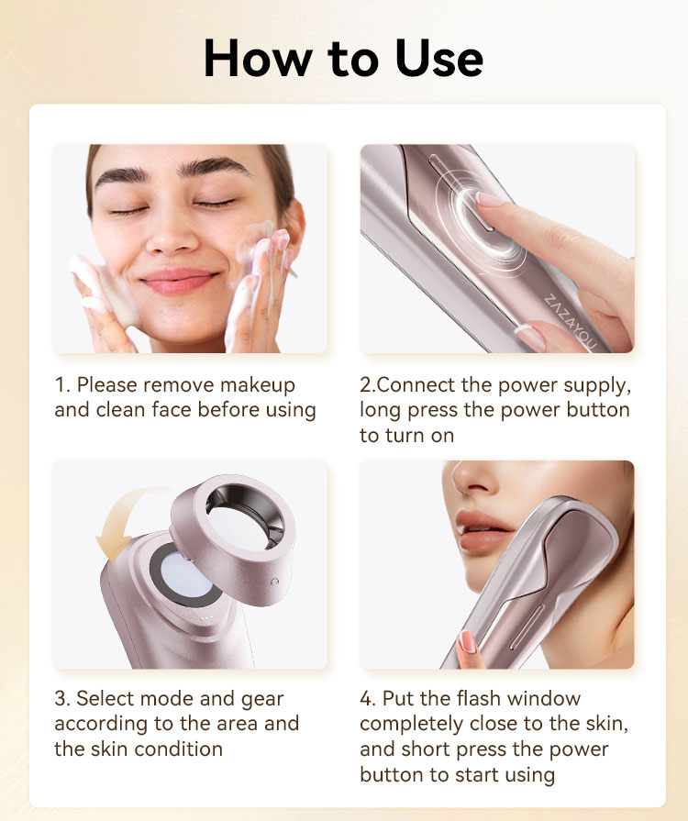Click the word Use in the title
click(x=438, y=58)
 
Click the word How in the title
click(x=258, y=58)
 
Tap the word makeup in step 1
click(x=257, y=385)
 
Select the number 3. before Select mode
click(x=62, y=698)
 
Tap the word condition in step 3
click(x=178, y=749)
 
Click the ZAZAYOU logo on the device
click(x=570, y=321)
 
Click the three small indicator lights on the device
click(x=206, y=618)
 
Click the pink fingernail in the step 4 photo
click(x=467, y=642)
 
